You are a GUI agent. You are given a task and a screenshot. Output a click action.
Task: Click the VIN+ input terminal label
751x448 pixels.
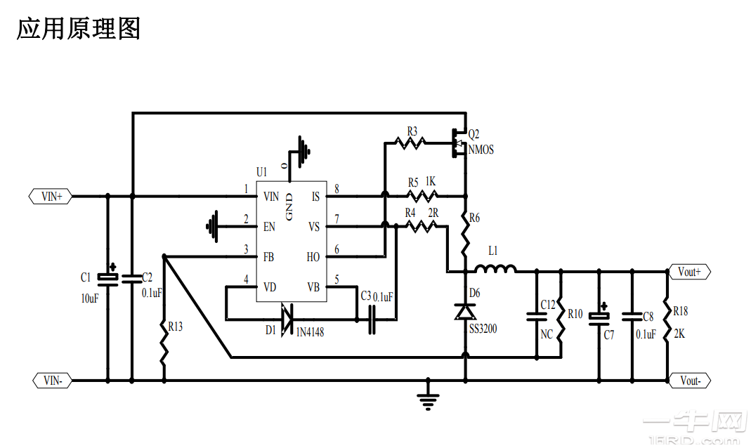click(51, 197)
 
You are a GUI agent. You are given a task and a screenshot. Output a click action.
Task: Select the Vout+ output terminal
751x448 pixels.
click(689, 272)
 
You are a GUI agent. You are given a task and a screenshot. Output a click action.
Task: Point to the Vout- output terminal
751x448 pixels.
click(690, 381)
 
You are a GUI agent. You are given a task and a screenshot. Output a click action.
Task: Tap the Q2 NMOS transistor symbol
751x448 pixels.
click(458, 141)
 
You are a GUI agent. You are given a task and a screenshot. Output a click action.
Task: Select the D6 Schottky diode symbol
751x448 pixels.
click(464, 310)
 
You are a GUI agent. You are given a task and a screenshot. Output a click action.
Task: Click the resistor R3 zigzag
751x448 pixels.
click(410, 143)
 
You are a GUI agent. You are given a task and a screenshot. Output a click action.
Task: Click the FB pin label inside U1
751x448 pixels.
click(269, 257)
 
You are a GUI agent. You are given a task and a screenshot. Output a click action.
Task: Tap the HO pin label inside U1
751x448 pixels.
click(313, 257)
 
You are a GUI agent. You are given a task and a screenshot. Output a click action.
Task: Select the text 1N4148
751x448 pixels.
click(310, 331)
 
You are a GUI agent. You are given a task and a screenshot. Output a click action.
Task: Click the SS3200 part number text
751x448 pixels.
click(483, 328)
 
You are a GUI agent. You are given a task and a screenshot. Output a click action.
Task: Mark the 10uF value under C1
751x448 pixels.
click(89, 298)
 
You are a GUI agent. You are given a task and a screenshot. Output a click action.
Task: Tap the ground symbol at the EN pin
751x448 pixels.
click(213, 226)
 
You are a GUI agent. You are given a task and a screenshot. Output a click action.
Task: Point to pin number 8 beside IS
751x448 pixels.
click(337, 189)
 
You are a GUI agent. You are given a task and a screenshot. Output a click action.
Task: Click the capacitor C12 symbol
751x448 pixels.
click(536, 317)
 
